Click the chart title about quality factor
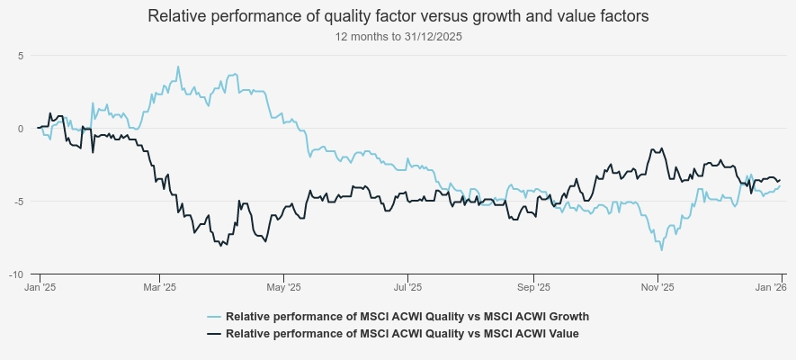point(398,16)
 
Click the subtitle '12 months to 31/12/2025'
point(398,37)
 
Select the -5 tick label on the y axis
point(18,201)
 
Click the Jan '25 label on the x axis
point(38,287)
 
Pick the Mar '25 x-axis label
point(158,287)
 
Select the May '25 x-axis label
point(283,287)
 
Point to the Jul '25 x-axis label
point(408,287)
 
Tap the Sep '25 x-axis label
point(533,287)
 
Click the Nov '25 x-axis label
point(657,287)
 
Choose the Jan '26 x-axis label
point(770,287)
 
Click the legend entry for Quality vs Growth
point(407,317)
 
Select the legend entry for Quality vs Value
point(402,333)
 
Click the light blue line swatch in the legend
point(214,317)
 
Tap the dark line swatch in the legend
point(214,333)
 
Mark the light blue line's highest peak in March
point(178,66)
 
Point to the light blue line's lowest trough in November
point(663,250)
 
